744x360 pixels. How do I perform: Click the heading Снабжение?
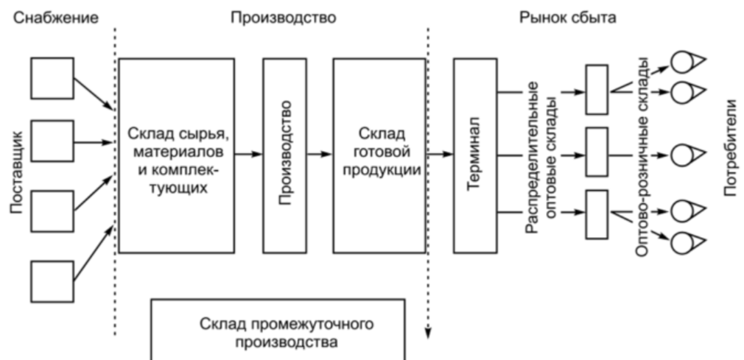tap(54, 16)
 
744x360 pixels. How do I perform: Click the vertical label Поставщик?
tap(18, 173)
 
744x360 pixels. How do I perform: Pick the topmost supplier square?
tap(52, 78)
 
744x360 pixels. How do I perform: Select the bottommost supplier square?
tap(52, 280)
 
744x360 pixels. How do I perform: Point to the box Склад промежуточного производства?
tap(278, 331)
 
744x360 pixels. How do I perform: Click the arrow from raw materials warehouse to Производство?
tap(248, 155)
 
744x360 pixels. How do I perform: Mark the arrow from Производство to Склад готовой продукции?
tap(320, 155)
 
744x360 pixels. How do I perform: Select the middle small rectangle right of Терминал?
tap(596, 155)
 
